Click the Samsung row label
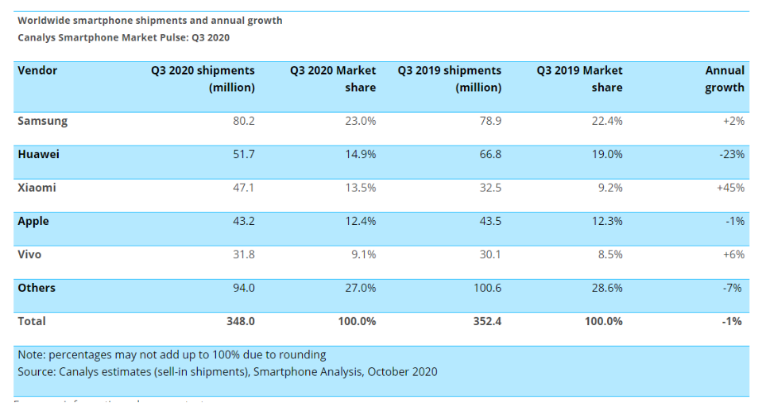point(42,122)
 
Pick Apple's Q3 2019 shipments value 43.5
point(487,222)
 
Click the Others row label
point(37,289)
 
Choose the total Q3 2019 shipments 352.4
point(485,322)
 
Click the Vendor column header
point(37,71)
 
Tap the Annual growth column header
point(725,79)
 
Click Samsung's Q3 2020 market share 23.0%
point(358,122)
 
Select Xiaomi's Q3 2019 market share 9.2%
point(607,188)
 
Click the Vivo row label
point(29,255)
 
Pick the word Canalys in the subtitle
point(39,37)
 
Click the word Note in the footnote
point(31,355)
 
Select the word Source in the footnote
point(37,372)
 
